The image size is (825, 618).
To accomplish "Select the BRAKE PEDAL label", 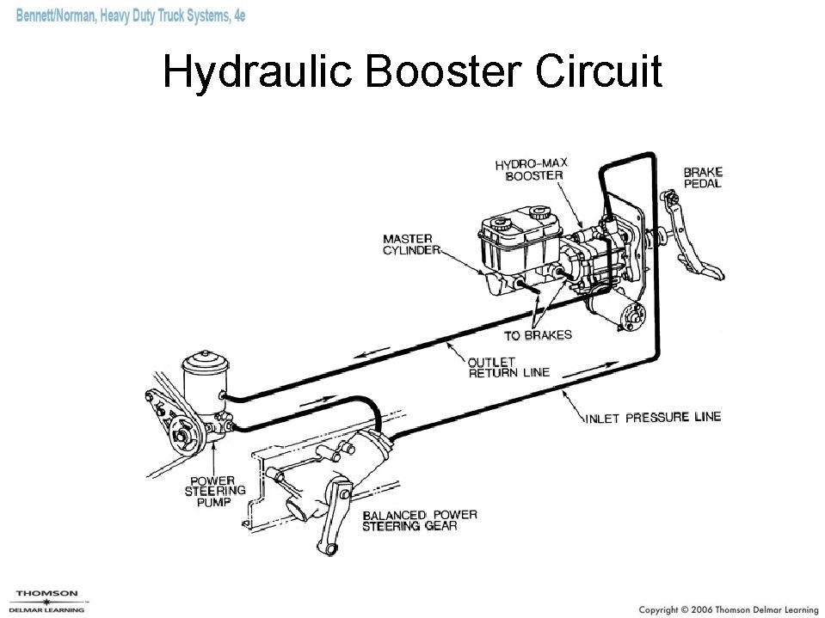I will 702,178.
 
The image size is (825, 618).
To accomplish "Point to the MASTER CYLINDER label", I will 410,244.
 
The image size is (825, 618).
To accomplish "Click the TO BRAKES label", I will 538,334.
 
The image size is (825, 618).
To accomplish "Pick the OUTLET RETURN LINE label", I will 508,367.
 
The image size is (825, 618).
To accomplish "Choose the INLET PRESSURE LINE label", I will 653,418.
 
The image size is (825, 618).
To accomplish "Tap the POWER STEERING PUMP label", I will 215,491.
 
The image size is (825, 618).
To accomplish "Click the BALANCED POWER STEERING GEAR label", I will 420,521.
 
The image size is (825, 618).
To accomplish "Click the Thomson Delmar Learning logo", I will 47,601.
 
